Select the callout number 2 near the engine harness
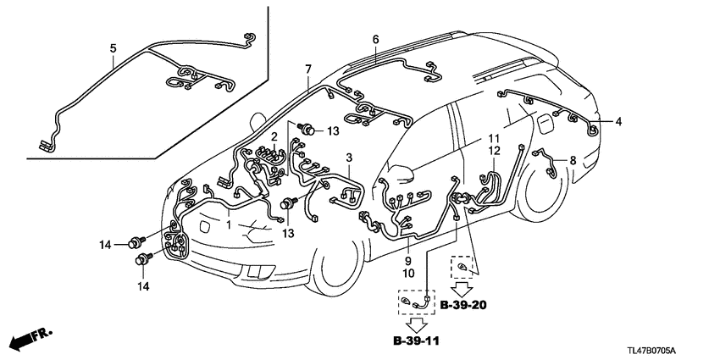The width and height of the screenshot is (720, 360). [x=274, y=136]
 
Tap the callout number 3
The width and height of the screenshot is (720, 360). [x=348, y=158]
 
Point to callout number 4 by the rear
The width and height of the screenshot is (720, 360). [x=618, y=122]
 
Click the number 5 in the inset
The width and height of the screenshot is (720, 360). [x=113, y=49]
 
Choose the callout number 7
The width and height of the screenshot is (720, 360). [x=308, y=68]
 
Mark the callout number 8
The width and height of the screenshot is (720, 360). [x=572, y=159]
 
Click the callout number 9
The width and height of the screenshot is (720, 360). [x=408, y=262]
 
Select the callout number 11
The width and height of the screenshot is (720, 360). [x=494, y=137]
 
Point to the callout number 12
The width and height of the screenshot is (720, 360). [x=494, y=150]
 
